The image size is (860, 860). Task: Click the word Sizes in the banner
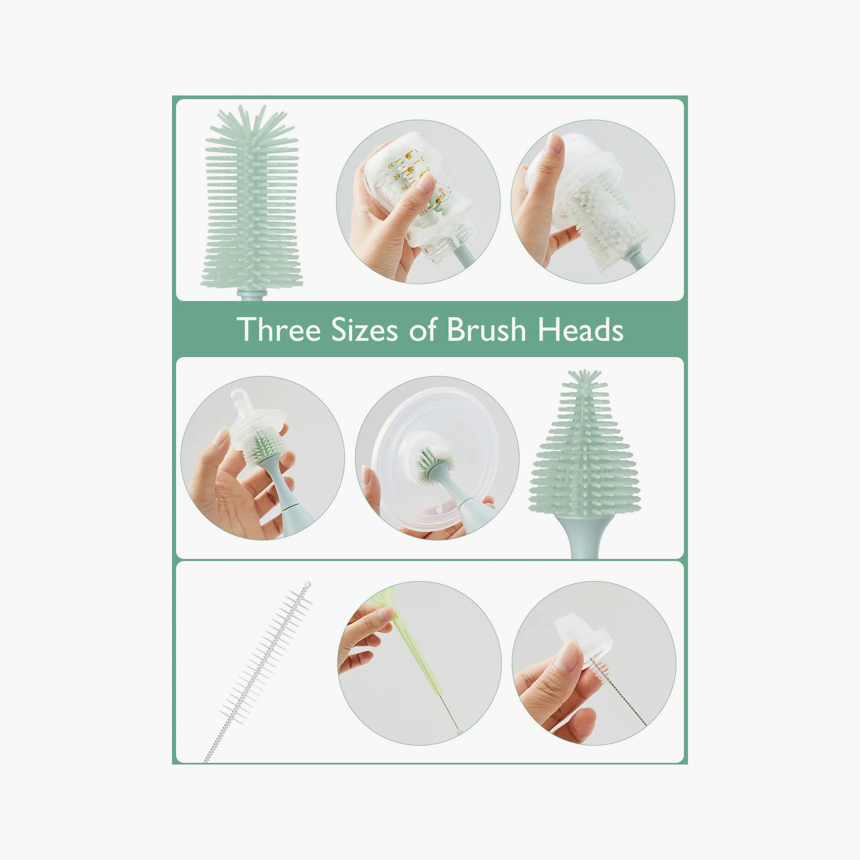coord(364,330)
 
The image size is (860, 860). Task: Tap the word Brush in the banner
coord(486,330)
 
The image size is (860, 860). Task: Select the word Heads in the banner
coord(580,330)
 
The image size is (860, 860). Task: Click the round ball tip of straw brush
coord(307,585)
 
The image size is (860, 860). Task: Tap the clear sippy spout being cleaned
coord(583,636)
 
